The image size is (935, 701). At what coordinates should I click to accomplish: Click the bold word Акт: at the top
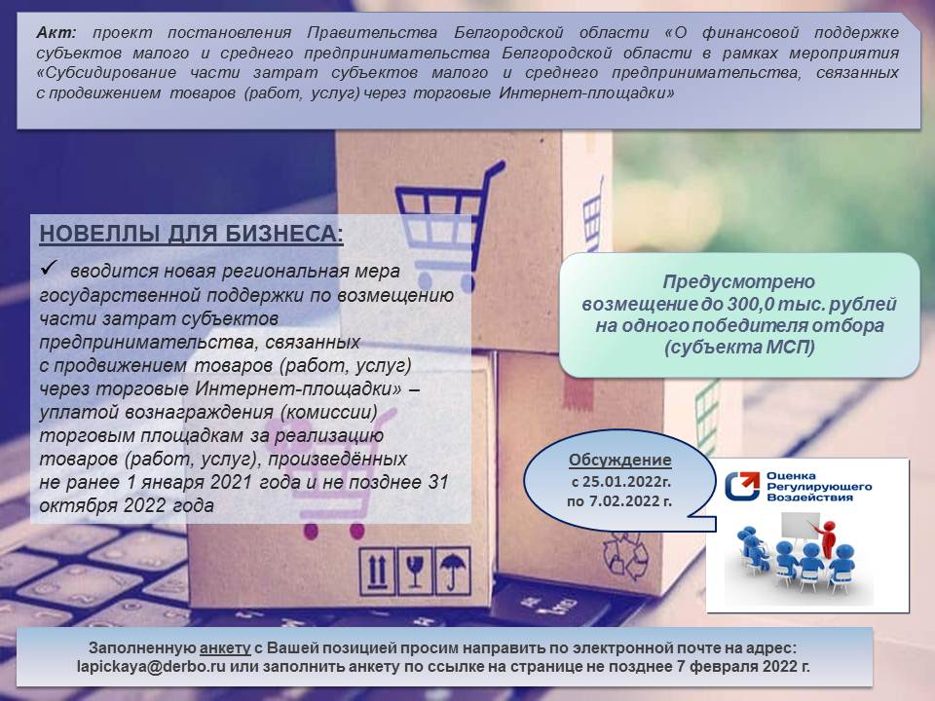[56, 32]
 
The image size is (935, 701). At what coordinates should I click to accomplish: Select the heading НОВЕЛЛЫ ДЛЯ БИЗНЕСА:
[192, 234]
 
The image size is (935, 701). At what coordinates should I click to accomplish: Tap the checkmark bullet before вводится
[49, 268]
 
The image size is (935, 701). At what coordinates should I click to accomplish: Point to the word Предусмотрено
[739, 281]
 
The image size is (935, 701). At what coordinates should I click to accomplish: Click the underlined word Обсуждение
[619, 461]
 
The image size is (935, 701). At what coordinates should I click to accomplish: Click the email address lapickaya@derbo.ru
[151, 666]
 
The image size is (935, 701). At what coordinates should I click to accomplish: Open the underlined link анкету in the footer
[225, 648]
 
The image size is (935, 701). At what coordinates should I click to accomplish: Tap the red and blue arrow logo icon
[742, 486]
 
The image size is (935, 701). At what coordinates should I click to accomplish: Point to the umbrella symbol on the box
[453, 572]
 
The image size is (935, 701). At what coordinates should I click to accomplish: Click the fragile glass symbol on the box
[415, 572]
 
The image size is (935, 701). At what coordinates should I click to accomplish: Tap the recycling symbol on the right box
[625, 556]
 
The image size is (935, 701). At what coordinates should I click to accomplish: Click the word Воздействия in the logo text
[809, 498]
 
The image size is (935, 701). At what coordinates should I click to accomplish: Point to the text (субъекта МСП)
[739, 347]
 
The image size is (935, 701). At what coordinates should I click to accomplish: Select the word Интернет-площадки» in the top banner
[586, 93]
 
